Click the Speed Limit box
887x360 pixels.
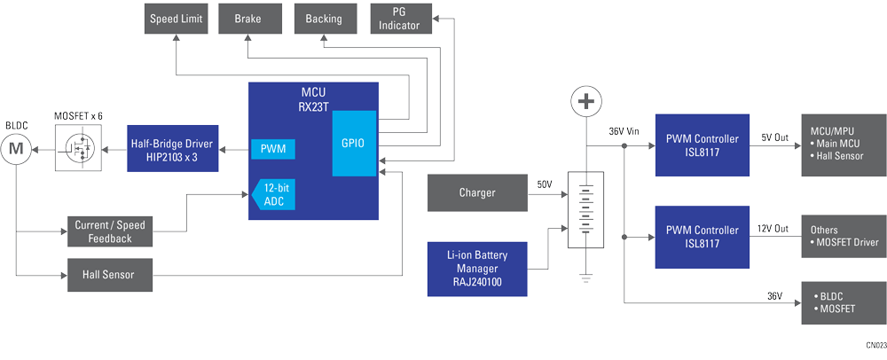pyautogui.click(x=176, y=19)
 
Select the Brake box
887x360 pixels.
pyautogui.click(x=247, y=19)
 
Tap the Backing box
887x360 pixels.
pyautogui.click(x=324, y=19)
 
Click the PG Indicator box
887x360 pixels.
pyautogui.click(x=400, y=19)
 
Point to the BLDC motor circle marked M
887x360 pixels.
pyautogui.click(x=15, y=147)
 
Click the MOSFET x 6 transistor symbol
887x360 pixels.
pyautogui.click(x=79, y=147)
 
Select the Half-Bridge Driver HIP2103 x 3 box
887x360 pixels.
pyautogui.click(x=173, y=147)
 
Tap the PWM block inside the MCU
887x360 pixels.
pyautogui.click(x=273, y=148)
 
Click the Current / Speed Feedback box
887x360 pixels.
pyautogui.click(x=110, y=232)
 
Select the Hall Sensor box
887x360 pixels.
pyautogui.click(x=110, y=275)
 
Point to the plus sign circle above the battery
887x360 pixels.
pyautogui.click(x=585, y=102)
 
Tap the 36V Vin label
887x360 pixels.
pyautogui.click(x=624, y=131)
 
